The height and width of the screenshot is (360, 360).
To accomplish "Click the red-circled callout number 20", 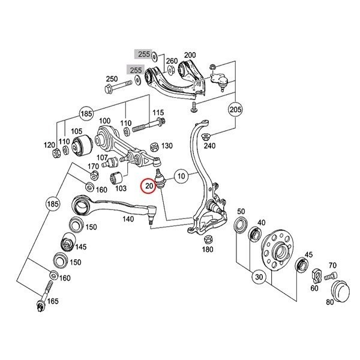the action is tap(149, 186).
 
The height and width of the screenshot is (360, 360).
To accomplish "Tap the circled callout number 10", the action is tap(181, 176).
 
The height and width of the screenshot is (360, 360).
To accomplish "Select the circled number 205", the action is tap(236, 109).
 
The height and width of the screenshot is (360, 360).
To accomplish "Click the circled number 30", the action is tap(259, 277).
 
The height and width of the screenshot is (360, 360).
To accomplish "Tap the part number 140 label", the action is tap(128, 219).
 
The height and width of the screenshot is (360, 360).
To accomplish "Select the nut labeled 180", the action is tap(208, 239).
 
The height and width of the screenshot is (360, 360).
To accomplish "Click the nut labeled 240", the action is tap(205, 137).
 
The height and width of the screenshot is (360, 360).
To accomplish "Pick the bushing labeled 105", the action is tap(82, 145).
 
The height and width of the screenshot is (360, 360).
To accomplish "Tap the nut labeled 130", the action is tap(154, 147).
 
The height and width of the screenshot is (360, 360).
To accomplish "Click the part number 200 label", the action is tap(190, 55).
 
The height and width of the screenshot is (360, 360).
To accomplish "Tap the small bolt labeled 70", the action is tap(331, 276).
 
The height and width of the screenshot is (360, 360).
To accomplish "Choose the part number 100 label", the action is tap(104, 121).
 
